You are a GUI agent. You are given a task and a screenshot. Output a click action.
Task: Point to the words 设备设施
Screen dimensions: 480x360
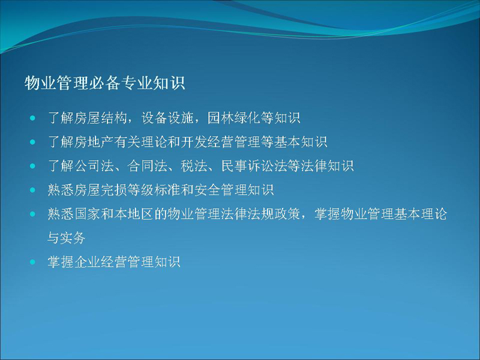click(167, 118)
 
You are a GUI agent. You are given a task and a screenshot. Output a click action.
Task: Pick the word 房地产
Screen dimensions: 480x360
click(94, 142)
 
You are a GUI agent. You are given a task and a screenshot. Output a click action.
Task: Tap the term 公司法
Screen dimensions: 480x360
click(94, 166)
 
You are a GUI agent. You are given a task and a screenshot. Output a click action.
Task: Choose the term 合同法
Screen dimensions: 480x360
click(147, 166)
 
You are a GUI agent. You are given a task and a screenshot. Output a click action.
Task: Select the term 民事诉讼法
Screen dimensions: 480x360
click(254, 166)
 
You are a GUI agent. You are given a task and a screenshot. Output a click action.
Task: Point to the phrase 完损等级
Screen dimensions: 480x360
click(127, 190)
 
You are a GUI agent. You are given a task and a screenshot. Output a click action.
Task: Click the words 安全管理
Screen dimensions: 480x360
click(221, 190)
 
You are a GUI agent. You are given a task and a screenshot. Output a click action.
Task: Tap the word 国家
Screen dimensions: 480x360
click(87, 214)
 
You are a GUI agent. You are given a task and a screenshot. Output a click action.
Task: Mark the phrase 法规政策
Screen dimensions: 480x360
click(274, 214)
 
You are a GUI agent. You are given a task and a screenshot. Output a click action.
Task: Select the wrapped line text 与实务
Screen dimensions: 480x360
click(67, 238)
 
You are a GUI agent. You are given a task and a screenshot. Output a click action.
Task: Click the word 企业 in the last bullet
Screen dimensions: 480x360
click(87, 262)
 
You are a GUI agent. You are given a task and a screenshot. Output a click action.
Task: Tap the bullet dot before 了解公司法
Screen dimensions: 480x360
click(32, 166)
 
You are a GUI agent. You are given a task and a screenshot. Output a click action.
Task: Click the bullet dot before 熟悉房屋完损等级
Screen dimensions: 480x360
click(32, 190)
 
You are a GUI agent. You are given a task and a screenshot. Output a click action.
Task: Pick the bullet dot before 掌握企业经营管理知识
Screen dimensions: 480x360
click(32, 262)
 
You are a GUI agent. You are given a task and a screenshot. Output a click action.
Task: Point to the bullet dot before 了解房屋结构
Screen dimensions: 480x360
click(32, 118)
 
